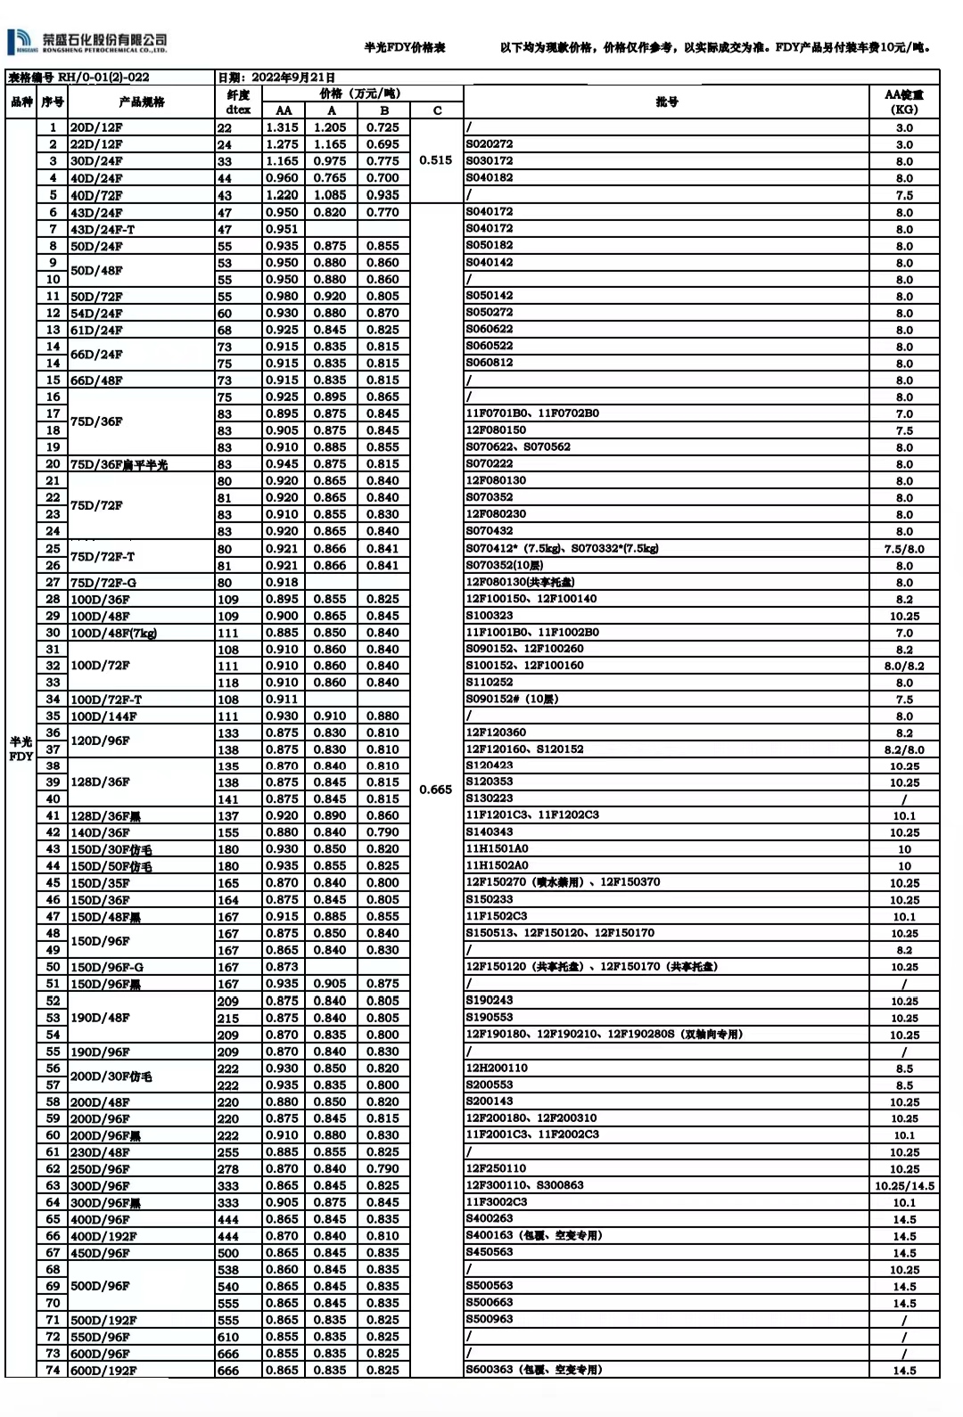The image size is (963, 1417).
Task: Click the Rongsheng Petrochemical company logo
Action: click(86, 41)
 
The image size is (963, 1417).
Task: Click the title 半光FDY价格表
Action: click(404, 47)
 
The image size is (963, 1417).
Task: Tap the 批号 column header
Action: click(666, 102)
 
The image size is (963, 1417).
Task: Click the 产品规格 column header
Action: click(142, 102)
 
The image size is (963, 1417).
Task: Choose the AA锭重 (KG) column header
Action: click(903, 102)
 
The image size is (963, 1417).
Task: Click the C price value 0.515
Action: click(436, 160)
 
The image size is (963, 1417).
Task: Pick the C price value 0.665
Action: click(436, 790)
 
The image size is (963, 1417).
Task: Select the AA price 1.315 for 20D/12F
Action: click(283, 127)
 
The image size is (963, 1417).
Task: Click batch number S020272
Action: click(490, 143)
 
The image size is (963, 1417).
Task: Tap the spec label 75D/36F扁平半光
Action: click(119, 464)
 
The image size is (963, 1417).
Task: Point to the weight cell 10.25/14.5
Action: click(904, 1186)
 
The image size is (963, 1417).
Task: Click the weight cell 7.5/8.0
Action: click(904, 549)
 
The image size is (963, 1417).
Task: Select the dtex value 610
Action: click(228, 1337)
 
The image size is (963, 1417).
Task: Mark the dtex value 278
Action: click(228, 1169)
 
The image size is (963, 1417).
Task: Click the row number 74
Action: click(53, 1371)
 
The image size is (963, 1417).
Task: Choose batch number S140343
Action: click(490, 831)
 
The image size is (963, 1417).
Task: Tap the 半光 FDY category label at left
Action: click(21, 749)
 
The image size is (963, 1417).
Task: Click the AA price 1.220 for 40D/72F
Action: click(283, 194)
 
